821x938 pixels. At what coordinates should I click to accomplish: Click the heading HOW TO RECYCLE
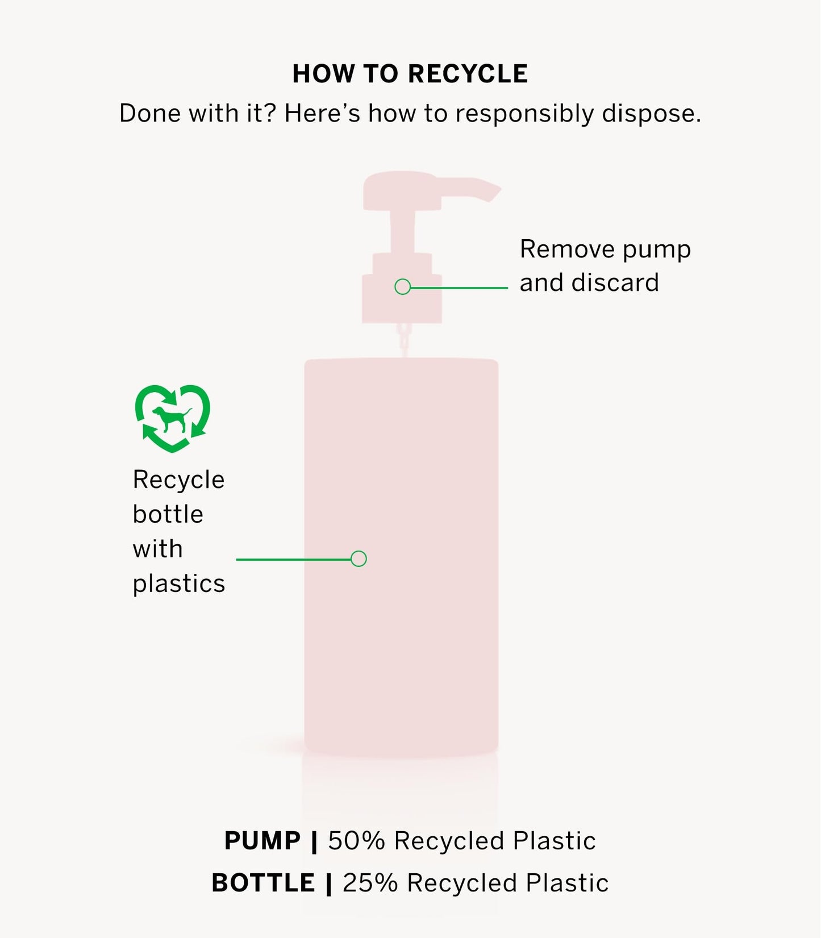[410, 74]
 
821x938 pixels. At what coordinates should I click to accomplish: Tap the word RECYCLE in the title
[468, 74]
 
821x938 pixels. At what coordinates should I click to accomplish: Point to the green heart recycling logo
[172, 418]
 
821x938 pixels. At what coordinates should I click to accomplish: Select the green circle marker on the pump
[402, 287]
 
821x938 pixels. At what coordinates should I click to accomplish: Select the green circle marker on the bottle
[359, 558]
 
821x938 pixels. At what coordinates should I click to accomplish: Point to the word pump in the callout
[657, 250]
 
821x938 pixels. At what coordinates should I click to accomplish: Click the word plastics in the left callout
[179, 584]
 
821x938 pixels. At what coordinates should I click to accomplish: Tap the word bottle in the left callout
[168, 515]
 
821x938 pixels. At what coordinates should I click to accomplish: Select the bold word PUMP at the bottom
[262, 841]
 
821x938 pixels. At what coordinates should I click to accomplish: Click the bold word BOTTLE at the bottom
[263, 883]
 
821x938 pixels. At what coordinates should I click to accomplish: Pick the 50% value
[356, 841]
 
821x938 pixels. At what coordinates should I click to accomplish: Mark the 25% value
[370, 883]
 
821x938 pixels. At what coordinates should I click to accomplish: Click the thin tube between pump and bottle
[403, 340]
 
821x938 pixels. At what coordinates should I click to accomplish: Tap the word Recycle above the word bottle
[178, 480]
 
